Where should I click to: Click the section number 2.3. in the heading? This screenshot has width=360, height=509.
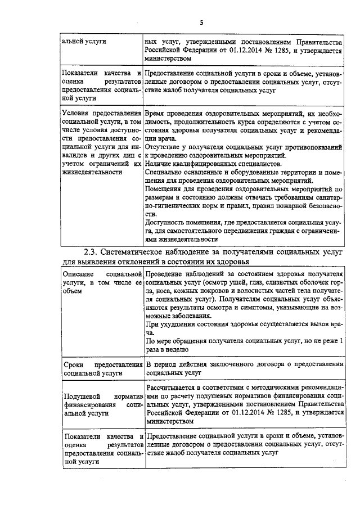click(92, 252)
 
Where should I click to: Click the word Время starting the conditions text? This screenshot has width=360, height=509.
click(156, 112)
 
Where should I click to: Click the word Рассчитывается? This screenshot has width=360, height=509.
click(174, 388)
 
